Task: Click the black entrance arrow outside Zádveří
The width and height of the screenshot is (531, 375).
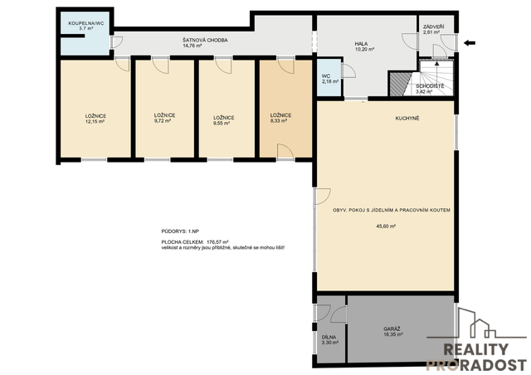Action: coord(470,43)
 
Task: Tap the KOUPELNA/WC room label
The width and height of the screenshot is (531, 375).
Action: coord(86,23)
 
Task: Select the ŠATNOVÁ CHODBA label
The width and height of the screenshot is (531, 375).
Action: coord(205,41)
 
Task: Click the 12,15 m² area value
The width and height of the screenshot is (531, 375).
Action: coord(95,121)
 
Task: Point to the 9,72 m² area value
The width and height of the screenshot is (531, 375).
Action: coord(163,120)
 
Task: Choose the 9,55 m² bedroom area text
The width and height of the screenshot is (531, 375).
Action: coord(222,124)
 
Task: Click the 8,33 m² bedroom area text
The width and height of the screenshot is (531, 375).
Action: coord(279,120)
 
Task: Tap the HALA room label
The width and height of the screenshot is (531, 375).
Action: coord(361,44)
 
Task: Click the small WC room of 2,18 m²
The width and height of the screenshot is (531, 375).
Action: coord(329,78)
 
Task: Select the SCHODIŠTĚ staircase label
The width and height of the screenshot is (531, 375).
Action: coord(430,86)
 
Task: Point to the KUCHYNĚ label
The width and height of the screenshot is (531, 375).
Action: coord(407,119)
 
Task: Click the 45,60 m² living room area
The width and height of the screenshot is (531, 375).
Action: coord(386,226)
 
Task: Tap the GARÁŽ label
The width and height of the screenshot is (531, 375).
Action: coord(392,329)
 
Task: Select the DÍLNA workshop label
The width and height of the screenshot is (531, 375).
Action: coord(329,338)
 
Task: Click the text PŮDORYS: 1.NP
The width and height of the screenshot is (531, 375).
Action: coord(180,231)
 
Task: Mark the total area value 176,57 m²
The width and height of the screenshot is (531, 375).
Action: coord(217,242)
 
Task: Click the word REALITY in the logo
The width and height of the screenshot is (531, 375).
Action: coord(475,349)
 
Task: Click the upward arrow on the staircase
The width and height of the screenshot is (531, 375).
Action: coord(437,72)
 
